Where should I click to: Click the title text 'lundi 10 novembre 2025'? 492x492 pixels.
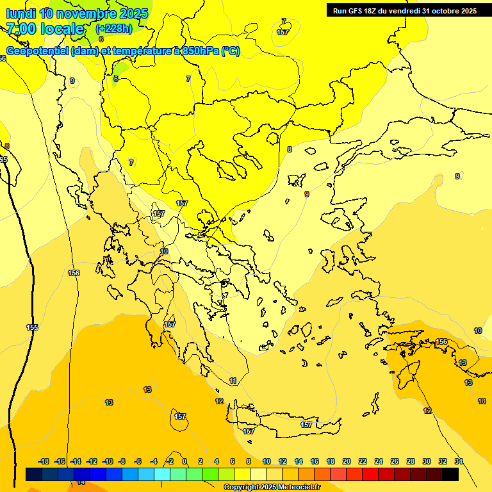coord(77,13)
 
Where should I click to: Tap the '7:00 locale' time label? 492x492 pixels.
coord(45,29)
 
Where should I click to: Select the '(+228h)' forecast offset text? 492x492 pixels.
coord(114,29)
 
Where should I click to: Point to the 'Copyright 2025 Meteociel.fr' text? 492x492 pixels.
coord(272,487)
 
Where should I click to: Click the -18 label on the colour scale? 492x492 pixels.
coord(44,461)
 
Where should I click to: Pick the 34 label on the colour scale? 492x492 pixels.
coord(458,461)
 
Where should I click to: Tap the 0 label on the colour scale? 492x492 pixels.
coord(184,461)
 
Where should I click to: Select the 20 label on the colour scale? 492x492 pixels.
coord(346,461)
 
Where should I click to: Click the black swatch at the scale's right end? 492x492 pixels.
coord(450,474)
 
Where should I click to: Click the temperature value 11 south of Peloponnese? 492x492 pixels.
coord(233,381)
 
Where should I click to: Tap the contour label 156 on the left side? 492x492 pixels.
coord(74,273)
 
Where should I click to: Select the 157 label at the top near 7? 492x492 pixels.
coord(283,31)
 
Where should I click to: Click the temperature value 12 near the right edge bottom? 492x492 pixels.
coord(427,411)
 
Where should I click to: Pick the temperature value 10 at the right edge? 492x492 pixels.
coord(478,331)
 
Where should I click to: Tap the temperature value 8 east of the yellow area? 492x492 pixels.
coord(290,149)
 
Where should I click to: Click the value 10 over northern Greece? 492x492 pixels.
coord(164,251)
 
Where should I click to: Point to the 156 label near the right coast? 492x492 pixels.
coord(441,341)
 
